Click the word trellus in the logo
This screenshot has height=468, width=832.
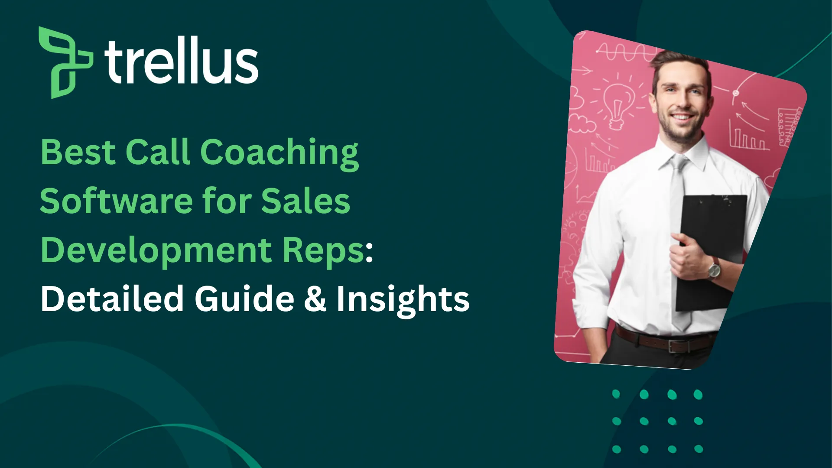[181, 61]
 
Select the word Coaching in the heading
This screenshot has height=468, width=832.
[279, 153]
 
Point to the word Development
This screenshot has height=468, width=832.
[156, 251]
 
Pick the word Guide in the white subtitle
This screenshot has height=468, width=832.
[244, 299]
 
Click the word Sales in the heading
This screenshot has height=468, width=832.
[305, 201]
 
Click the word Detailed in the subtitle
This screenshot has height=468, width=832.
[112, 299]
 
